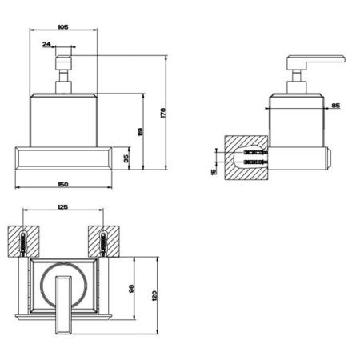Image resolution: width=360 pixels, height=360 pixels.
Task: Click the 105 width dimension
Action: pos(63,26)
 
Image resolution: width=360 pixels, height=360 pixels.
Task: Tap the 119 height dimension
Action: pos(140,132)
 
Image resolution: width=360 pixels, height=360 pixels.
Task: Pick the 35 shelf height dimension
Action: pos(126,158)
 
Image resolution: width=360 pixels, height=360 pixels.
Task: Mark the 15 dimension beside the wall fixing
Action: pos(213,170)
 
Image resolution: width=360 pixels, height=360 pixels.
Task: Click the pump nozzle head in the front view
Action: pos(62,64)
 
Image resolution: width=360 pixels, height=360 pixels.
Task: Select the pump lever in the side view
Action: pos(317,63)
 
